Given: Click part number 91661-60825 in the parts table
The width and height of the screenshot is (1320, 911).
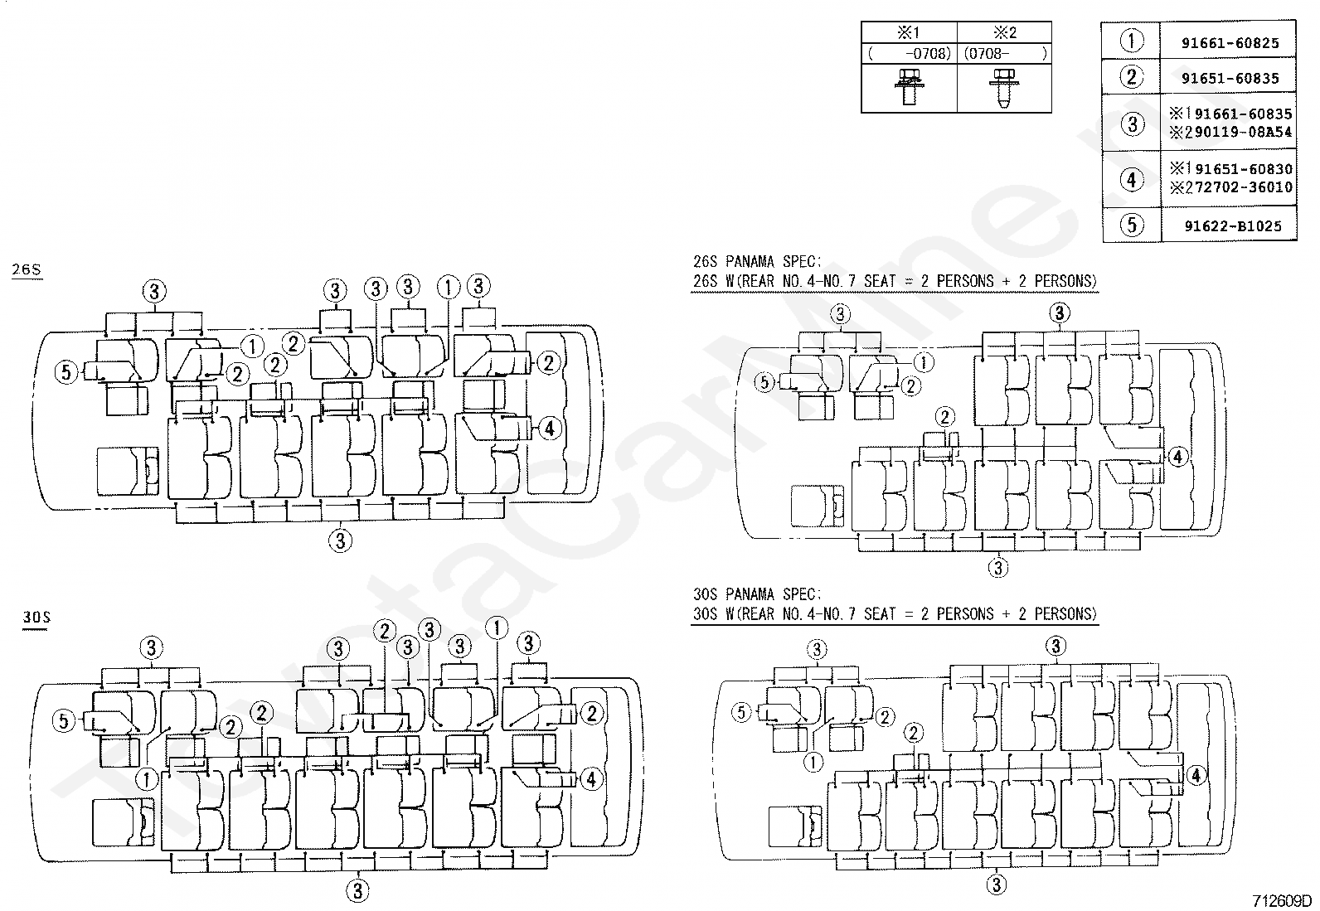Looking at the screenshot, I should point(1230,43).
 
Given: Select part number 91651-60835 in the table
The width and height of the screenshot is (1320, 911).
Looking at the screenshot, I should point(1230,79).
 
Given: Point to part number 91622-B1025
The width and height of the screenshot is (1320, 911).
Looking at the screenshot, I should point(1232,225).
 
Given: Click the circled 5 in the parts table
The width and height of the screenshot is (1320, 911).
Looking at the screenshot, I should point(1132,225).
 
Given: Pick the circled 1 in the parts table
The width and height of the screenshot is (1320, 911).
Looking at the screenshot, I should point(1132,41).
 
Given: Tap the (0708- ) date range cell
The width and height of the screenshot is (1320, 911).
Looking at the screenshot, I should point(1005,54).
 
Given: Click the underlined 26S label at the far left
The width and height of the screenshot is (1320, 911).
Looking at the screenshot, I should point(27,270).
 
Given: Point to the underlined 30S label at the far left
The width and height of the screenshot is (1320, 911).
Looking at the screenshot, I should point(36,618).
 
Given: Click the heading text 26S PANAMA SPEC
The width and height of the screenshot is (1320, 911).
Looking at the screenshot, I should point(757,262).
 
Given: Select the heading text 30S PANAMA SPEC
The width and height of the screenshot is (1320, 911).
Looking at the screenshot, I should point(757,594).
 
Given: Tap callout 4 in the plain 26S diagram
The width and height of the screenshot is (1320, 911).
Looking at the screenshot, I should point(549,429).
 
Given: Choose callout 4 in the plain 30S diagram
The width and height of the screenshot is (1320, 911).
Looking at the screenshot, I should point(590,779).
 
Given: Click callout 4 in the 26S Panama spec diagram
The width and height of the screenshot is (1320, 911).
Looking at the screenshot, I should point(1177,456).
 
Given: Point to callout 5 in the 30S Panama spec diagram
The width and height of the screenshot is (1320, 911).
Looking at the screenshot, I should point(741,712).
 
